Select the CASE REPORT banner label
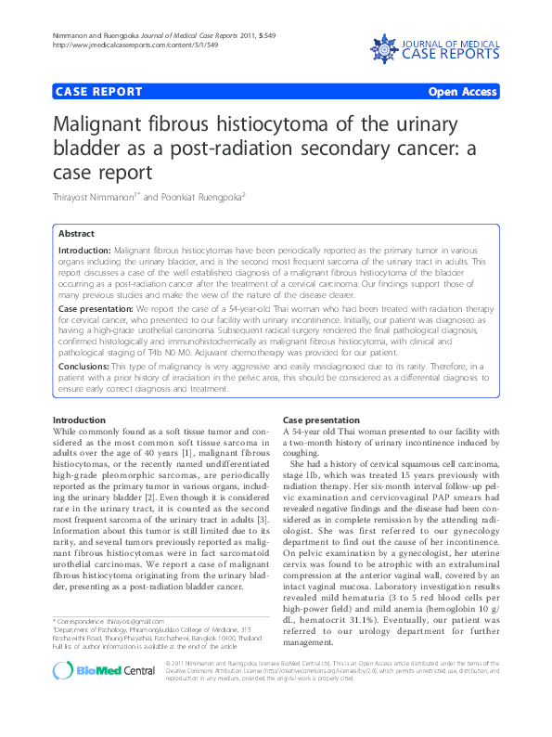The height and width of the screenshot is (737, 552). click(x=99, y=92)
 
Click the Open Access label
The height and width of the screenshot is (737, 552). click(x=462, y=92)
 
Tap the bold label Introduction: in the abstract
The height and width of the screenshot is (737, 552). click(x=83, y=252)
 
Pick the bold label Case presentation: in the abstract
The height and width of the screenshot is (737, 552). click(x=96, y=306)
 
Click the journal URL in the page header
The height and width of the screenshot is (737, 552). click(x=136, y=45)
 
